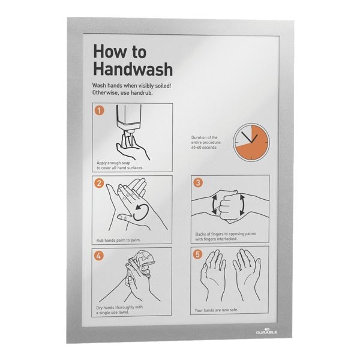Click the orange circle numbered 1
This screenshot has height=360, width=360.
click(99, 110)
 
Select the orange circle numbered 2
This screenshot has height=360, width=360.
click(99, 183)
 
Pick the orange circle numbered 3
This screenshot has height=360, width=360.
click(198, 183)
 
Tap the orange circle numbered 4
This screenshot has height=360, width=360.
click(99, 256)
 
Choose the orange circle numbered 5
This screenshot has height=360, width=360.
click(197, 254)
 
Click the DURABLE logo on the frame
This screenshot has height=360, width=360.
click(266, 331)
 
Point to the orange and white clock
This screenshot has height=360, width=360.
click(251, 142)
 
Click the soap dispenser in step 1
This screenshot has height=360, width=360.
click(129, 121)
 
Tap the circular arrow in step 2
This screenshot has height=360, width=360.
click(141, 212)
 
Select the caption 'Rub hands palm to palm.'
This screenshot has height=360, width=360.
click(118, 240)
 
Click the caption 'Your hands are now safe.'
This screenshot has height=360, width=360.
click(216, 310)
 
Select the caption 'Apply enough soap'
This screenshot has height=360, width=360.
click(113, 163)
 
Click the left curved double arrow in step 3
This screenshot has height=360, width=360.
click(214, 205)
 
